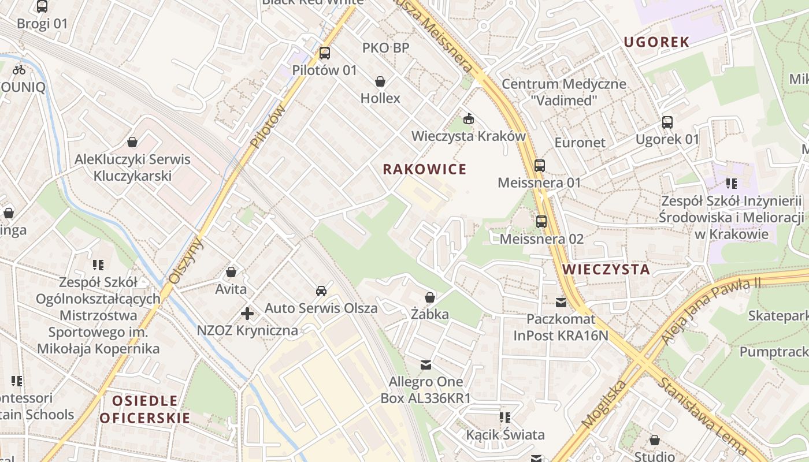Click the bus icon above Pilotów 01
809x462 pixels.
pos(325,53)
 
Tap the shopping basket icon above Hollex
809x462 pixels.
pos(380,81)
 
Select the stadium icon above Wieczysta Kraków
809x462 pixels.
pos(469,120)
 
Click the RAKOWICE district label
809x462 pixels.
pos(424,169)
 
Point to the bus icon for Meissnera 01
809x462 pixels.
pos(540,166)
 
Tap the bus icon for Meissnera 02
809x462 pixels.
pos(541,222)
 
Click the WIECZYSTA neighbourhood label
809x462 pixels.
pos(606,269)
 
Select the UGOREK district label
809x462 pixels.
pos(656,42)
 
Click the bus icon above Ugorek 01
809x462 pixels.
pos(667,122)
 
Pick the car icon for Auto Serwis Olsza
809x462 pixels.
pos(321,291)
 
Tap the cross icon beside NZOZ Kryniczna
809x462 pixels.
pos(247,314)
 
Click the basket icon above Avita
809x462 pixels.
pos(231,272)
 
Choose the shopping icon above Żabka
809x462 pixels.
pos(430,298)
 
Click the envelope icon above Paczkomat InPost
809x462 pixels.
pos(561,302)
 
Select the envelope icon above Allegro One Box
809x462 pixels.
pos(426,365)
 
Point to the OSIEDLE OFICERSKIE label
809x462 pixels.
pos(144,409)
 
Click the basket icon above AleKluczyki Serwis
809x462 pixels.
pos(132,142)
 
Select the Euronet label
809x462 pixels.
pos(580,143)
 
